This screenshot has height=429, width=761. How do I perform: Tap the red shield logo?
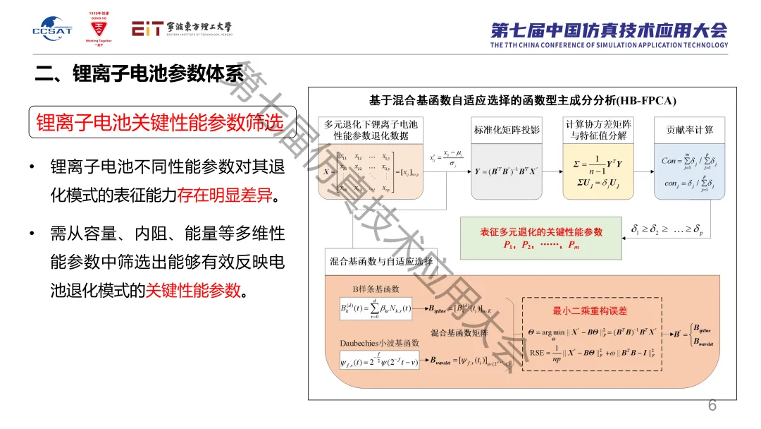99,29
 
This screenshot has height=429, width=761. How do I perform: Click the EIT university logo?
181,28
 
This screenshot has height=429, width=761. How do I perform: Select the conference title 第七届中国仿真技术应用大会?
609,30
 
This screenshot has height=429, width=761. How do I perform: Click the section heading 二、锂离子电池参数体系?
140,73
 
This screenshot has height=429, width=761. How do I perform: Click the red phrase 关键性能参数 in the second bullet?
193,290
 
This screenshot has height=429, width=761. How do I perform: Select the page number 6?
712,406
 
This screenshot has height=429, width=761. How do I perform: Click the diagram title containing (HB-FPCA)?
522,100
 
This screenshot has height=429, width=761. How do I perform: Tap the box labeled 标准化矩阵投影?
507,129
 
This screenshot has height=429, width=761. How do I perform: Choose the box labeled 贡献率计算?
689,129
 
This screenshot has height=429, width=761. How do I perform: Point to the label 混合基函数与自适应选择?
381,261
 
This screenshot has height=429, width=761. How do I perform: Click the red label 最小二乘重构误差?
589,310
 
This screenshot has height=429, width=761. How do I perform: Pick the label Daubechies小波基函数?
380,343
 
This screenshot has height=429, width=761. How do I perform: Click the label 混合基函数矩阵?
459,332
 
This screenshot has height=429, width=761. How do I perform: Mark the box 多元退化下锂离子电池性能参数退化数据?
371,129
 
